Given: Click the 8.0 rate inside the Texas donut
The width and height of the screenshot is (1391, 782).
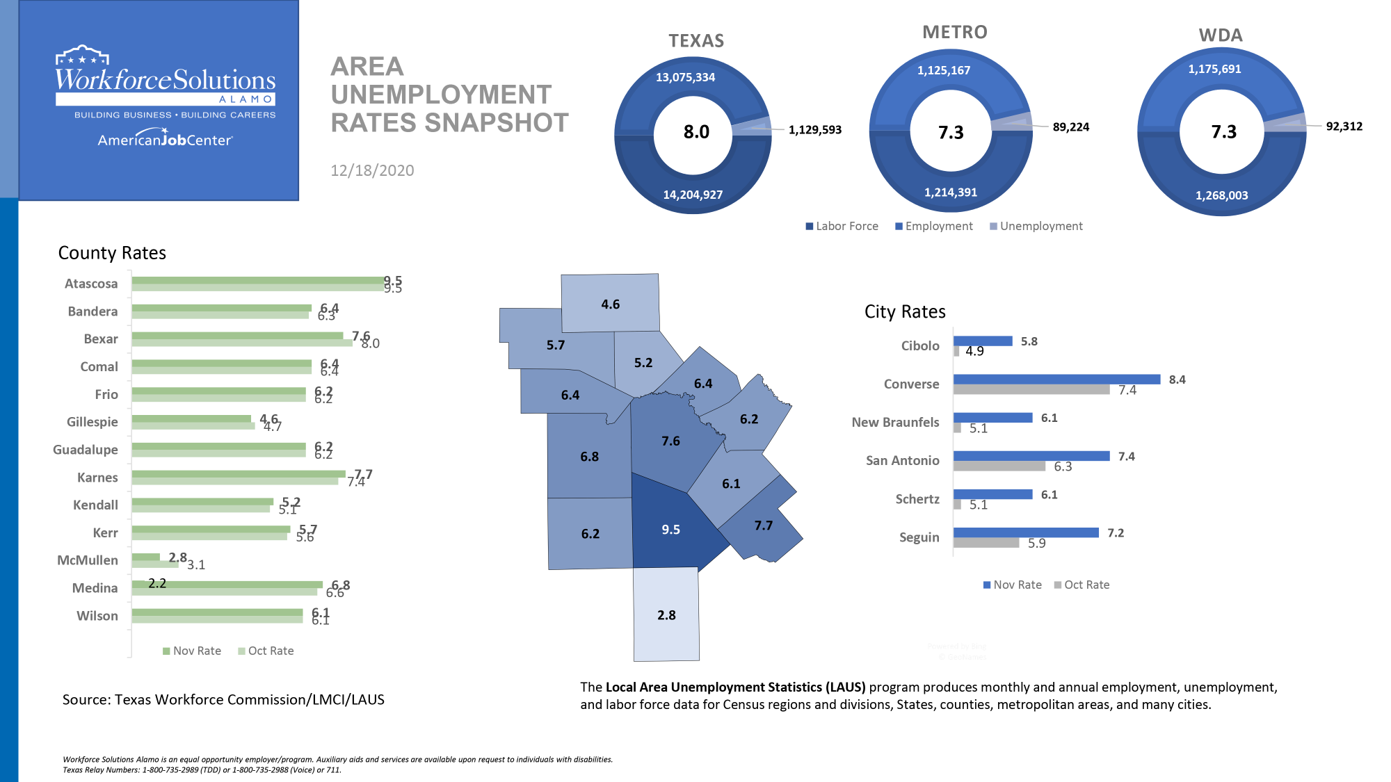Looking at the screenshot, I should (x=696, y=132).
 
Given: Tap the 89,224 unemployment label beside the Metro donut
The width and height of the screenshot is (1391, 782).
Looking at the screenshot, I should (x=1070, y=127).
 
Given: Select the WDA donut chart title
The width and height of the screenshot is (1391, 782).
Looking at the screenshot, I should (x=1221, y=35).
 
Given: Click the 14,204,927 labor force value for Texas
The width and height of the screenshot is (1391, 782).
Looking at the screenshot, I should (x=693, y=195).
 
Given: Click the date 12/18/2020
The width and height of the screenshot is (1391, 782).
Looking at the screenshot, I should (x=372, y=170).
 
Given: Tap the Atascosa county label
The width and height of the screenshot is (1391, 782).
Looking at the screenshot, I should (x=91, y=284).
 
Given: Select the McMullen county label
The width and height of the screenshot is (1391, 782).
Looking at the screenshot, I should (x=88, y=560).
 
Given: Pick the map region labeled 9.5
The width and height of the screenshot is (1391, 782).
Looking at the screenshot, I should (x=670, y=530).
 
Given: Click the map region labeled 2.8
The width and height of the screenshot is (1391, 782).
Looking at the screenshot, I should (x=666, y=615).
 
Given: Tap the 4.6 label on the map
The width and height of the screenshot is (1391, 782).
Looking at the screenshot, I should (x=610, y=304).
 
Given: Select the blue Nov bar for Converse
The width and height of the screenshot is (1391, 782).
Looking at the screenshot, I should (x=1056, y=380).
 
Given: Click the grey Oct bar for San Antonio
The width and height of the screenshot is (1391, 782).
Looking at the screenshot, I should (x=999, y=466).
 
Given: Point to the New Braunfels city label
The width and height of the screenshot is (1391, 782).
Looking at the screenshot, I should (x=895, y=422).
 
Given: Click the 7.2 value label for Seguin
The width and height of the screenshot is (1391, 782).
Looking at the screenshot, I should (x=1116, y=533).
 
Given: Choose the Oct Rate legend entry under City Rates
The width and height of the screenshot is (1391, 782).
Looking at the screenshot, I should (x=1082, y=585).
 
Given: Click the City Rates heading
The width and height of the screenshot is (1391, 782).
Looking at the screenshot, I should (x=904, y=311).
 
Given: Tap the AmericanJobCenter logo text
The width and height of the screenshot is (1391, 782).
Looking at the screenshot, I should (x=165, y=140).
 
